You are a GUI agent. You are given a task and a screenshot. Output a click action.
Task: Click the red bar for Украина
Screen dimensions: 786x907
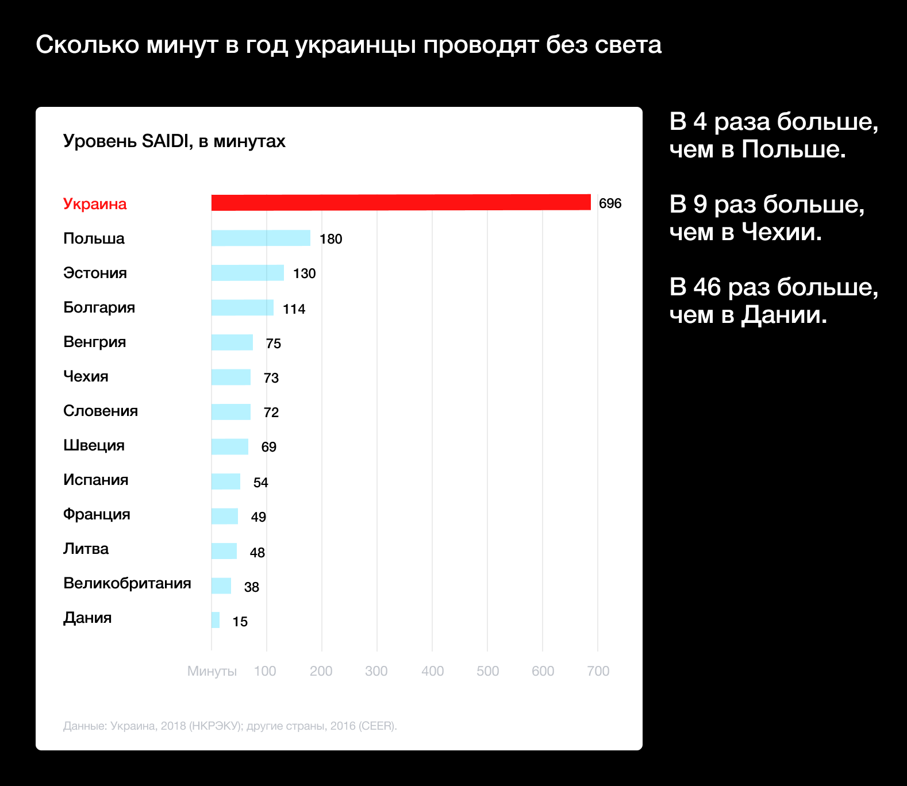pos(401,203)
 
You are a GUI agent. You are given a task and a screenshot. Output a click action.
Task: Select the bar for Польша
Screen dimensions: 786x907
pos(260,238)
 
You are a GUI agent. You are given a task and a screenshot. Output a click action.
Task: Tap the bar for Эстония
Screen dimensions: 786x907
pos(247,273)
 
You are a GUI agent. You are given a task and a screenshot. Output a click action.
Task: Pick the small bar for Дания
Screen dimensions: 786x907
pos(216,620)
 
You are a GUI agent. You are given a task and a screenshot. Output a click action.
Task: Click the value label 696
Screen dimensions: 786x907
pos(610,203)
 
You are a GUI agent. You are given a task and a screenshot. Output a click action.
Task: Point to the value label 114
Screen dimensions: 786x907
pos(294,309)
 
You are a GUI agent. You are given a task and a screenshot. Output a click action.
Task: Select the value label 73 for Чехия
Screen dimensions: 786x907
pos(271,378)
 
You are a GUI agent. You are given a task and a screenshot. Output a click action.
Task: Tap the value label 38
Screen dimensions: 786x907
pos(251,587)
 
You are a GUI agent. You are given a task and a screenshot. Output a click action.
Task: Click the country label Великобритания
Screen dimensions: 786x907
pos(127,583)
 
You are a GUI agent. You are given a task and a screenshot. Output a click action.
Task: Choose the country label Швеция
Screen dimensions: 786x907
pos(94,445)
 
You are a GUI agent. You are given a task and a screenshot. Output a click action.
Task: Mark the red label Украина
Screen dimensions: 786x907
pos(95,204)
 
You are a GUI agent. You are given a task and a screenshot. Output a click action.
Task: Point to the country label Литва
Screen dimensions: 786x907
pos(86,549)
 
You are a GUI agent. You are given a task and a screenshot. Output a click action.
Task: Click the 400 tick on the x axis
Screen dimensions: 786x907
pos(432,671)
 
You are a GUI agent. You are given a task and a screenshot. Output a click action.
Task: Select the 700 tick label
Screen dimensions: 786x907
pos(598,671)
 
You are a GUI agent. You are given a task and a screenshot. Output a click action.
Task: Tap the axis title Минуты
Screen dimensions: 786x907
pos(212,671)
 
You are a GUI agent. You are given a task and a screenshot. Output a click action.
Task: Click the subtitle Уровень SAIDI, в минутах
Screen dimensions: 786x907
pos(174,141)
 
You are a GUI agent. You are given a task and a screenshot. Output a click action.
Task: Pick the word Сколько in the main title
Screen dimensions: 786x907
pos(87,45)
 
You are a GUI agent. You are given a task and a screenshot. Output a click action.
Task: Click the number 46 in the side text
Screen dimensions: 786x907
pos(706,287)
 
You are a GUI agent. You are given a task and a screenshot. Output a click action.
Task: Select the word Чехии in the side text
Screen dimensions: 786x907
pos(781,232)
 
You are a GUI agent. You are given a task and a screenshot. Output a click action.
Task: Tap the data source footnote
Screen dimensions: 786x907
pos(230,726)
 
